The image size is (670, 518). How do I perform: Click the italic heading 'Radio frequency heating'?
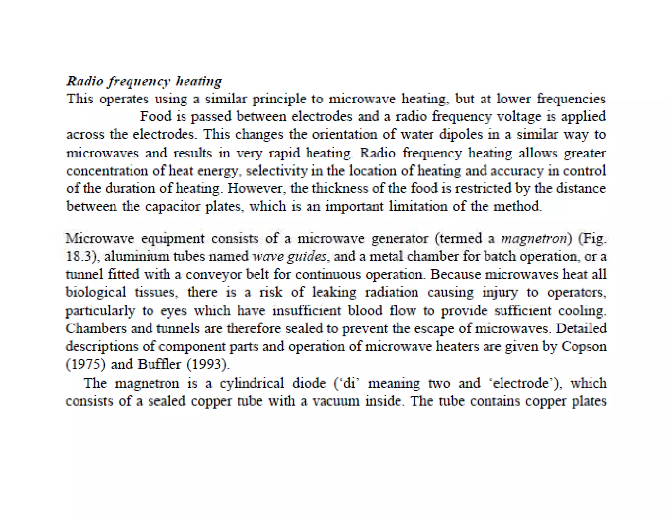point(144,81)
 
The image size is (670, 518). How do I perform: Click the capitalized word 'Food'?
point(156,117)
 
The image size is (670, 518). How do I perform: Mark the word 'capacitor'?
point(172,206)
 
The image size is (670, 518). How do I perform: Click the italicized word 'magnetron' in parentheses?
point(534,239)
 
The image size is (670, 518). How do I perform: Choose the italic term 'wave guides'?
point(290,256)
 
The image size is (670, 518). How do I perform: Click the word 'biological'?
point(96,292)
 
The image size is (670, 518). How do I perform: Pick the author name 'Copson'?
point(584,346)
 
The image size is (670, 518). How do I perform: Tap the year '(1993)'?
point(208,364)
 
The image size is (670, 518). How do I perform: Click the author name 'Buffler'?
point(159,364)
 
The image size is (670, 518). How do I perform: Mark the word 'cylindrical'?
point(252,383)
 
